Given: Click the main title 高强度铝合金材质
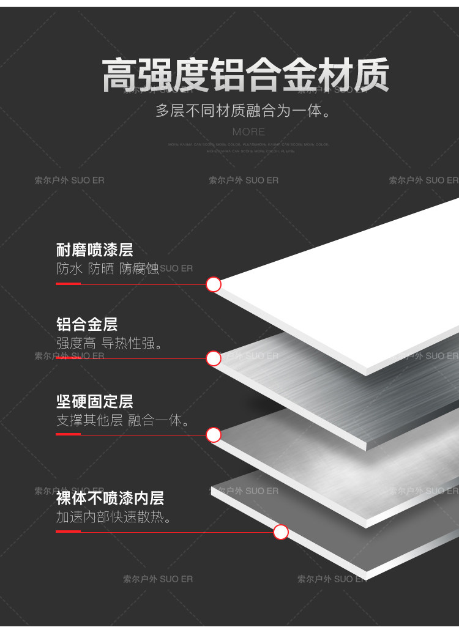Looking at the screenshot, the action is pyautogui.click(x=245, y=76).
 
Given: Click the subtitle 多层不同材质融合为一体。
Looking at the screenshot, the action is pyautogui.click(x=243, y=111).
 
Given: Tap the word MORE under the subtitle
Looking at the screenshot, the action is pyautogui.click(x=248, y=132).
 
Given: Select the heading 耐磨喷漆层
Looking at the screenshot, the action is pyautogui.click(x=94, y=250).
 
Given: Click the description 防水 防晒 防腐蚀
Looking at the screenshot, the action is pyautogui.click(x=107, y=269).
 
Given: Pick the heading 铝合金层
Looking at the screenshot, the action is pyautogui.click(x=86, y=324).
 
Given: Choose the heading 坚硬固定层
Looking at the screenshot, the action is pyautogui.click(x=94, y=401).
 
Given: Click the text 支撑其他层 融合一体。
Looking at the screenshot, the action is pyautogui.click(x=122, y=420).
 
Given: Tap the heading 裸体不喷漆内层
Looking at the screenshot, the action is pyautogui.click(x=110, y=498).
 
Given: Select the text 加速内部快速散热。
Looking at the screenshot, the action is pyautogui.click(x=114, y=517).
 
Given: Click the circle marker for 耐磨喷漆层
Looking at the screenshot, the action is pyautogui.click(x=214, y=284).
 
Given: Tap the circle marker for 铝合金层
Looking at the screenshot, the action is pyautogui.click(x=214, y=358).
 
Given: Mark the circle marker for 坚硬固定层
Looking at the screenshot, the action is pyautogui.click(x=214, y=435).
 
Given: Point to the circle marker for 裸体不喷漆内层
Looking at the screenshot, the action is pyautogui.click(x=281, y=532).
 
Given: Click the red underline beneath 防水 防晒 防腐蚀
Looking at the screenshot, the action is pyautogui.click(x=68, y=284).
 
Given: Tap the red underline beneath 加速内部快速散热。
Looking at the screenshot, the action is pyautogui.click(x=68, y=532).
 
